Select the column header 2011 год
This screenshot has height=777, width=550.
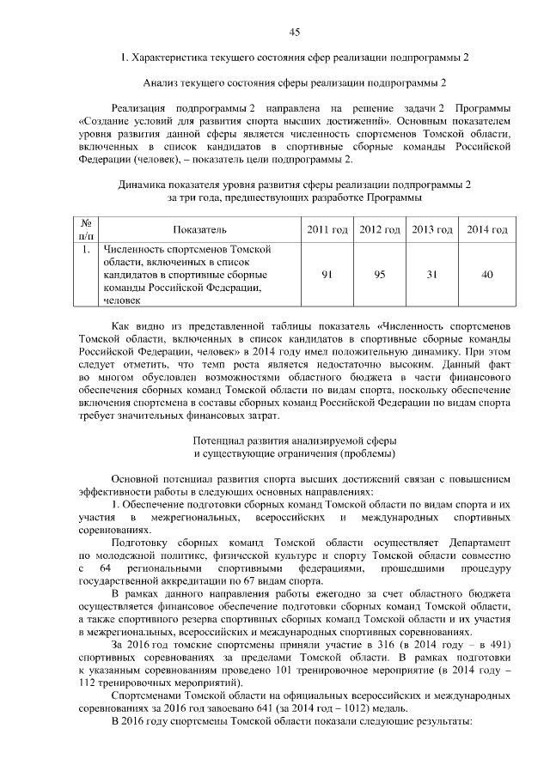click(x=327, y=230)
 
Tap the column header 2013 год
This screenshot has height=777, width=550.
click(x=432, y=230)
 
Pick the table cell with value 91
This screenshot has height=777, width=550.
click(x=327, y=274)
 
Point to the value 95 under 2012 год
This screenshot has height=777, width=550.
click(x=380, y=274)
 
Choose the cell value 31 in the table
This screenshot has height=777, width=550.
click(x=432, y=274)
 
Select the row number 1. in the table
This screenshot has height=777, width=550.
click(x=86, y=250)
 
